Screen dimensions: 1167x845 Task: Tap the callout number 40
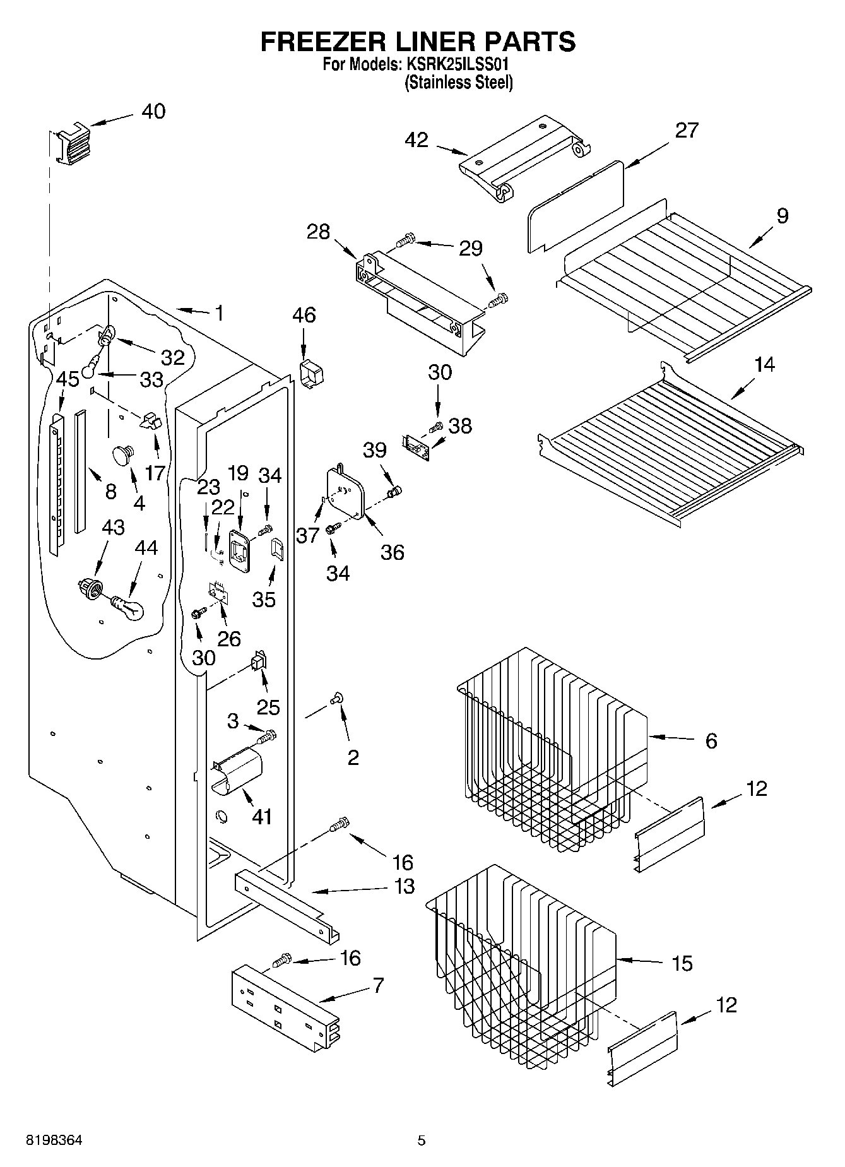click(153, 112)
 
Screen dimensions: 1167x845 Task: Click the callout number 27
click(687, 130)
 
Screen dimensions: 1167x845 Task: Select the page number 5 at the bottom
click(421, 1140)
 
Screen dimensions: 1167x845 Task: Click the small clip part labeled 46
click(311, 374)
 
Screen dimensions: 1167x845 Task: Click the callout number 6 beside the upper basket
click(711, 740)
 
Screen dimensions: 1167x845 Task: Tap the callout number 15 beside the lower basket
click(682, 963)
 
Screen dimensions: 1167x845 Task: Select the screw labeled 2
click(336, 698)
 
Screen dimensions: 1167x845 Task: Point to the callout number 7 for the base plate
click(378, 985)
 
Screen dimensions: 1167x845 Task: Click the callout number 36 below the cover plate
click(392, 552)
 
